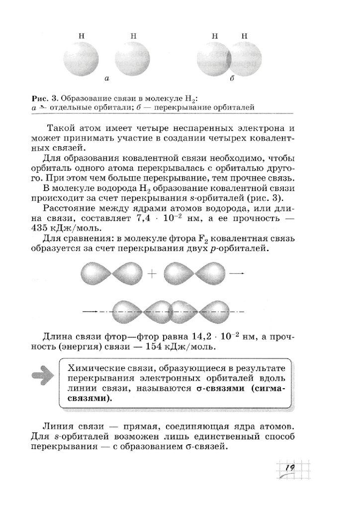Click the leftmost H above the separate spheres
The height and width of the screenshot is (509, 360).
click(x=82, y=36)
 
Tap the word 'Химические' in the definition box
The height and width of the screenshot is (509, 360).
click(x=94, y=367)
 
